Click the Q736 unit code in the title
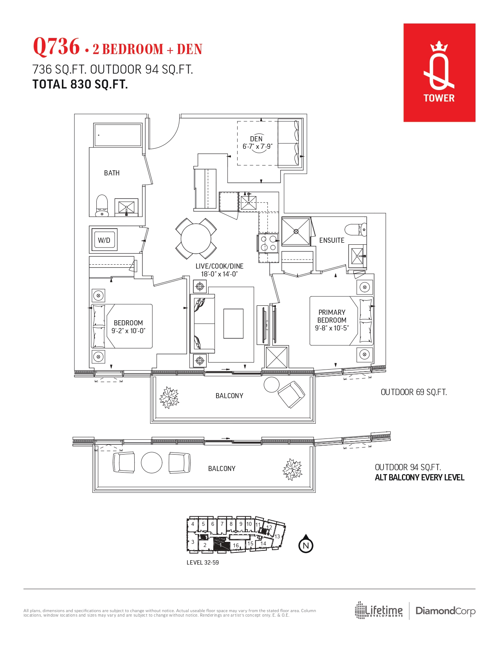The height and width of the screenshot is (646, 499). [56, 47]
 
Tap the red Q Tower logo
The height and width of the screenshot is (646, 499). [439, 72]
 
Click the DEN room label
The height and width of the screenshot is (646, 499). [256, 139]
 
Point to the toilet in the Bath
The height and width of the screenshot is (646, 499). [102, 205]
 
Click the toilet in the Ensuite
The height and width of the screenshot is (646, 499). [355, 229]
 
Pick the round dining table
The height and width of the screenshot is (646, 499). [196, 238]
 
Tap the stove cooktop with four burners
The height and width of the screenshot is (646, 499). [268, 243]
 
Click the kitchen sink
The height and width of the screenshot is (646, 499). [248, 203]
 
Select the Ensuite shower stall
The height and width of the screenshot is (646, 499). [296, 232]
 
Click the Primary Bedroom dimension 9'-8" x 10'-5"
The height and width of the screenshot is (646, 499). [331, 328]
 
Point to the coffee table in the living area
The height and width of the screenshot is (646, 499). [233, 323]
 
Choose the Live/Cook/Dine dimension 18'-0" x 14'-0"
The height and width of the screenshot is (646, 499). [219, 274]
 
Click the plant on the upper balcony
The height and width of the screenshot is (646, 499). [169, 397]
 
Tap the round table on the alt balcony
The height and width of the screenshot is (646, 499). [151, 463]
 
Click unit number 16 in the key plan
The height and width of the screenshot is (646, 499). [236, 545]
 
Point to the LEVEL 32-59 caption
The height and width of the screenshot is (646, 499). [202, 563]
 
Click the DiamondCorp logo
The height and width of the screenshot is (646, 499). [445, 611]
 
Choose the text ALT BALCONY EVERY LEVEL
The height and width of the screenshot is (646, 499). [419, 478]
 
